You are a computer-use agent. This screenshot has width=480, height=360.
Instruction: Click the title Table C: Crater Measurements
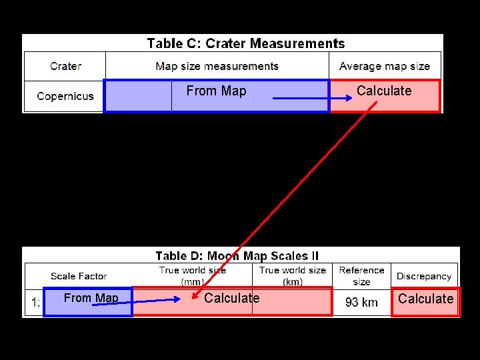pyautogui.click(x=245, y=44)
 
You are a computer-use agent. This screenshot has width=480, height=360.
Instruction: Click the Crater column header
pyautogui.click(x=65, y=66)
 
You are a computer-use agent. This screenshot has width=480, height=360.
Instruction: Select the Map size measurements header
pyautogui.click(x=217, y=66)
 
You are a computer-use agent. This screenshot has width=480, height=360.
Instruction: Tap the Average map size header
pyautogui.click(x=385, y=66)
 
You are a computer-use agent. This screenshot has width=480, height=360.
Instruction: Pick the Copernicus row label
pyautogui.click(x=65, y=96)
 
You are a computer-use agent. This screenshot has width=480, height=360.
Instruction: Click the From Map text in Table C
pyautogui.click(x=216, y=91)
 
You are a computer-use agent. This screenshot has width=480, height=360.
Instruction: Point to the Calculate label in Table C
pyautogui.click(x=384, y=91)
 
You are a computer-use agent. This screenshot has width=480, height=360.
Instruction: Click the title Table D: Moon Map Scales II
pyautogui.click(x=237, y=256)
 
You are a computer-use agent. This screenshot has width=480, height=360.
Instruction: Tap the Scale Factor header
pyautogui.click(x=79, y=276)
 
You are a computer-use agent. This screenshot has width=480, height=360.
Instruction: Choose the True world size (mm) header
pyautogui.click(x=193, y=275)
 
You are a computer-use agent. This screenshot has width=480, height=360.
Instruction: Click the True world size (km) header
pyautogui.click(x=293, y=275)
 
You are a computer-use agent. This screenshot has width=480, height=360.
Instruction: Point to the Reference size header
pyautogui.click(x=361, y=275)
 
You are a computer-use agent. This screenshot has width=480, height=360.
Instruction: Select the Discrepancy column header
pyautogui.click(x=424, y=276)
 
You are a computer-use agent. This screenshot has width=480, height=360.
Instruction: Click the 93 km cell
pyautogui.click(x=361, y=302)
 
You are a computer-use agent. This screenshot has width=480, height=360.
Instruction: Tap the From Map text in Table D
pyautogui.click(x=91, y=298)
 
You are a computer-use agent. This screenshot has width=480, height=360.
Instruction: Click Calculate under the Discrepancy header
pyautogui.click(x=425, y=299)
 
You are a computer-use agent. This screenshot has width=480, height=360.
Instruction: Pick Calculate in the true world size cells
pyautogui.click(x=232, y=298)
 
